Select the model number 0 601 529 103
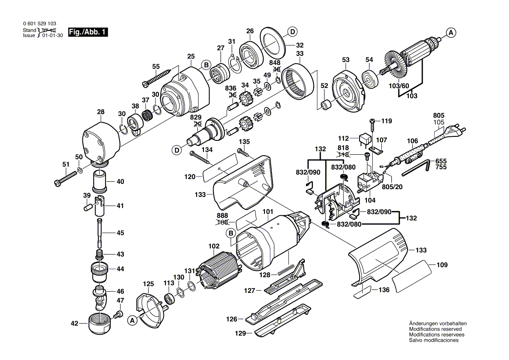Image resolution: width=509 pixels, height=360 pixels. point(39,24)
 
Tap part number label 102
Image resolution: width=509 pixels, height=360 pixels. point(214,246)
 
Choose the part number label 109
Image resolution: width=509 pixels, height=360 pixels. point(442,265)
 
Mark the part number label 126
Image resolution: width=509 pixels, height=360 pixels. point(232,319)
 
